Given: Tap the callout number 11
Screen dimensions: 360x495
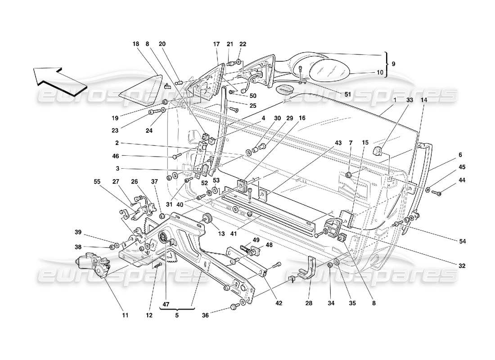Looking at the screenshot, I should pyautogui.click(x=126, y=316).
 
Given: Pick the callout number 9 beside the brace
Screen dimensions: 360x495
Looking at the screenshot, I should pyautogui.click(x=393, y=64).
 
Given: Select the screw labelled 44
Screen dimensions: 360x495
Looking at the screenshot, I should pyautogui.click(x=436, y=193).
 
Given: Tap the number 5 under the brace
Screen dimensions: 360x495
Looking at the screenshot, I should pyautogui.click(x=177, y=315).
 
